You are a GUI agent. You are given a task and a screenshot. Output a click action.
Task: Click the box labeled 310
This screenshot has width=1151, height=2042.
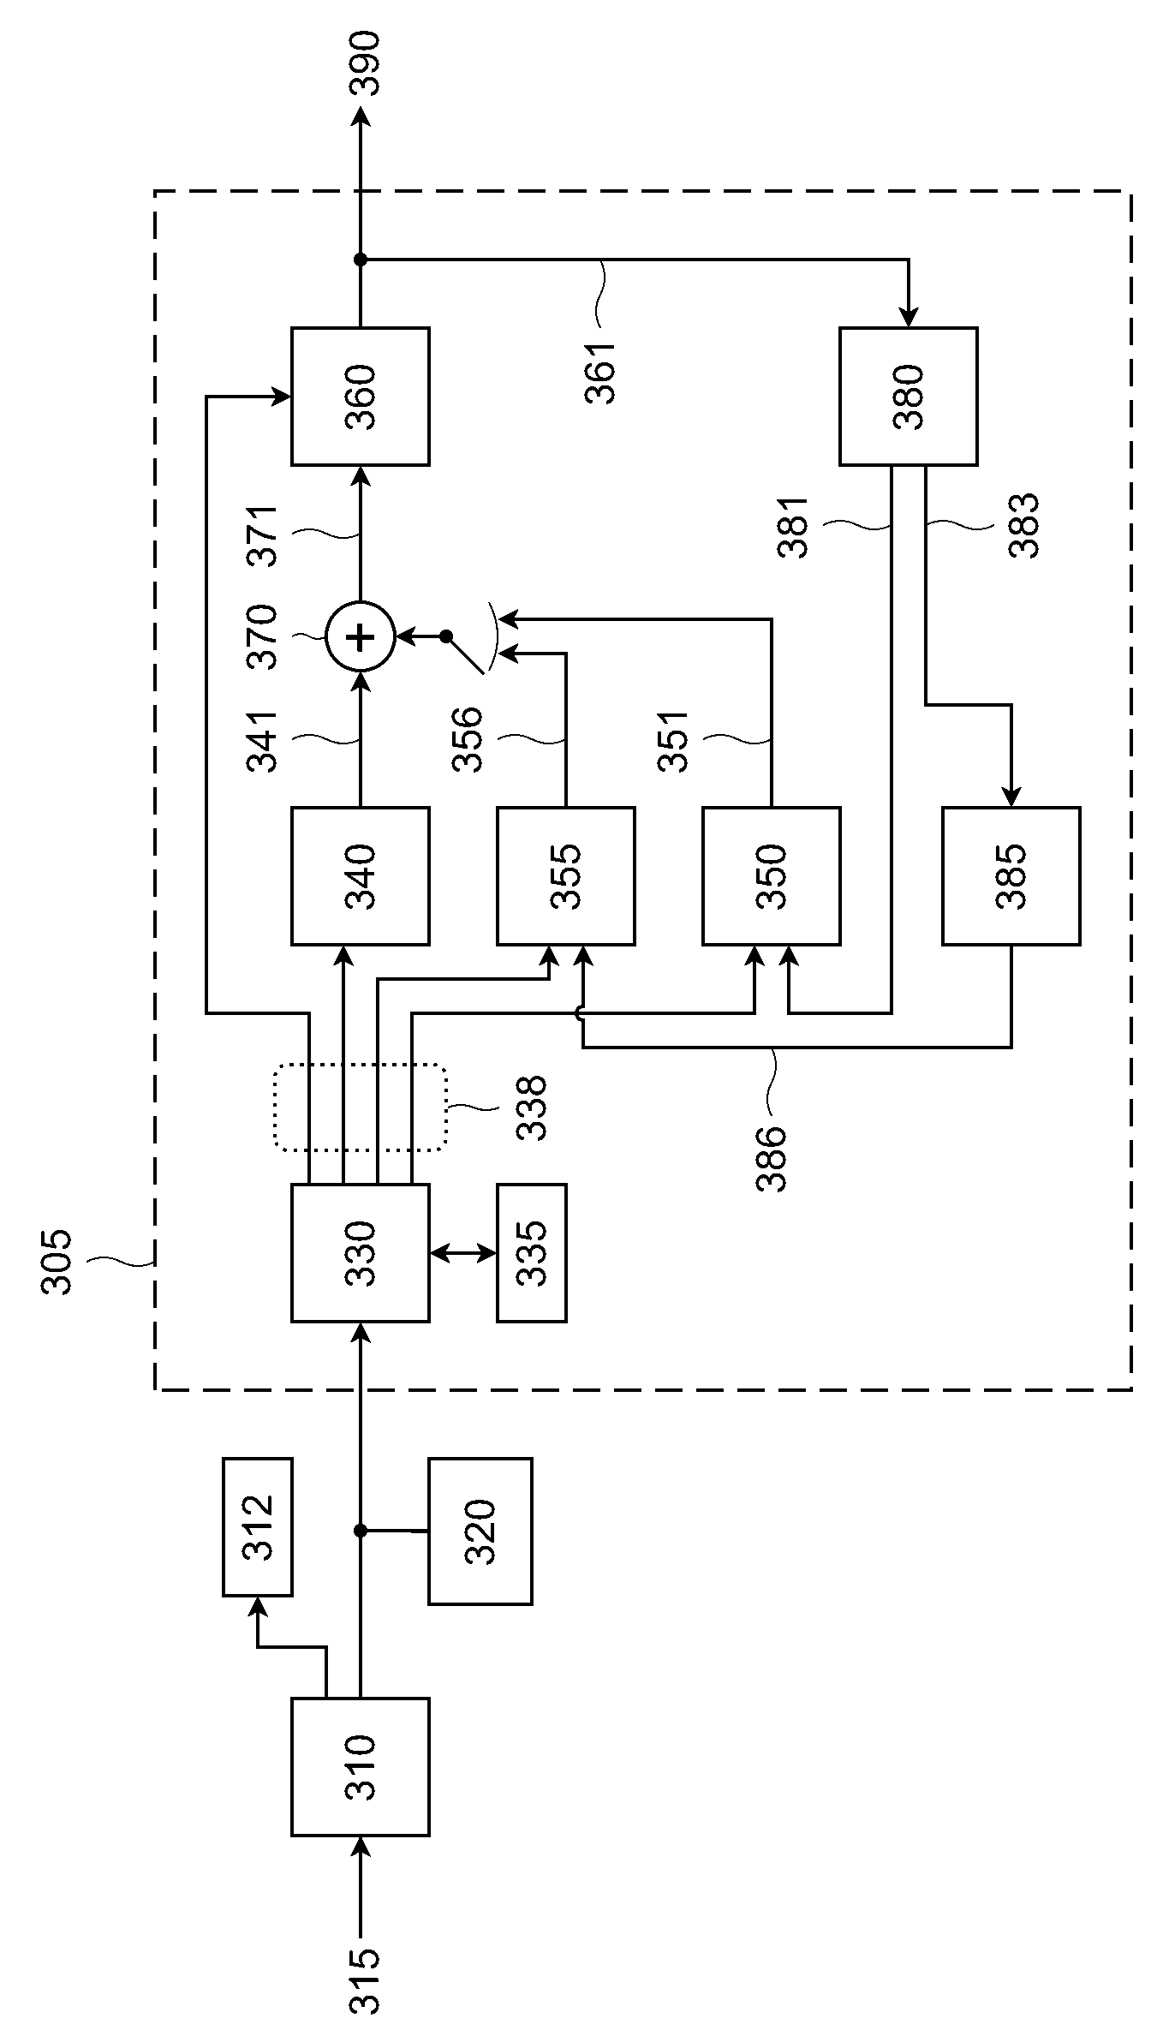click(361, 1766)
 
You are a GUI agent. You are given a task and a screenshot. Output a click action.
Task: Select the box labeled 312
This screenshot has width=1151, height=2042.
click(257, 1527)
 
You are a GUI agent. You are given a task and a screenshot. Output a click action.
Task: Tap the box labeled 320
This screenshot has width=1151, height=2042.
click(480, 1531)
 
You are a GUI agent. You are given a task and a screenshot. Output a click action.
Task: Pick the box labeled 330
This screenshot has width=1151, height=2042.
click(361, 1253)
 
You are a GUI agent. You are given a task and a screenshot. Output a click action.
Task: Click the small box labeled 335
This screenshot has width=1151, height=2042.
click(531, 1253)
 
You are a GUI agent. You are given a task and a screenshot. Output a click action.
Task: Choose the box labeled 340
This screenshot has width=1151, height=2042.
click(361, 875)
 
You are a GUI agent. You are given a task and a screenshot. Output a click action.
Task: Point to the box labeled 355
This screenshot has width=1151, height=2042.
click(566, 875)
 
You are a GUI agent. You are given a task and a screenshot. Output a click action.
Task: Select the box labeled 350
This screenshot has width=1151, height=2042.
click(772, 875)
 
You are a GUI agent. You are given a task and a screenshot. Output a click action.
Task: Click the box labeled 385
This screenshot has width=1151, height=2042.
click(1011, 875)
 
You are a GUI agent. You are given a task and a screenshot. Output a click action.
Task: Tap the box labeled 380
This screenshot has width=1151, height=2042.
click(909, 396)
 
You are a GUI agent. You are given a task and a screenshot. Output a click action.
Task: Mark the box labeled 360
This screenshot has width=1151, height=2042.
click(361, 396)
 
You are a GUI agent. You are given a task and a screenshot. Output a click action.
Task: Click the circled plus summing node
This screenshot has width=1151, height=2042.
click(361, 636)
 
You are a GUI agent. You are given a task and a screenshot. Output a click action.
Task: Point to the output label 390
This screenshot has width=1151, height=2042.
click(365, 63)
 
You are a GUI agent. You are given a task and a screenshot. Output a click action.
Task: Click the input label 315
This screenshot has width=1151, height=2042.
click(365, 1979)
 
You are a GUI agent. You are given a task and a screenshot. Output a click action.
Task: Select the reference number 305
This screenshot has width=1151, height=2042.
click(57, 1262)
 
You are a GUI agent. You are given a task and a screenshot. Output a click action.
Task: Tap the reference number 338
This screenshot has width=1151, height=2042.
click(531, 1108)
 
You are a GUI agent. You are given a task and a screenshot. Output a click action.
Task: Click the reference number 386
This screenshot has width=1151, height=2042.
click(771, 1159)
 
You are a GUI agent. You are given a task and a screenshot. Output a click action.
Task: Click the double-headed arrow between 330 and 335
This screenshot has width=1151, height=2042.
click(463, 1253)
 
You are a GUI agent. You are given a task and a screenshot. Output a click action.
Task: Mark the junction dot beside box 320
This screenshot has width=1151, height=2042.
click(361, 1531)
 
